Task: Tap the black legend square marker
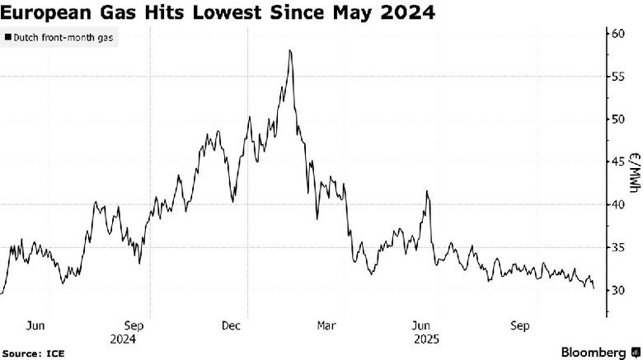(x=7, y=37)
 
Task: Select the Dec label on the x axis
(x=232, y=325)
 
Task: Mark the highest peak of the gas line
(x=290, y=50)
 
